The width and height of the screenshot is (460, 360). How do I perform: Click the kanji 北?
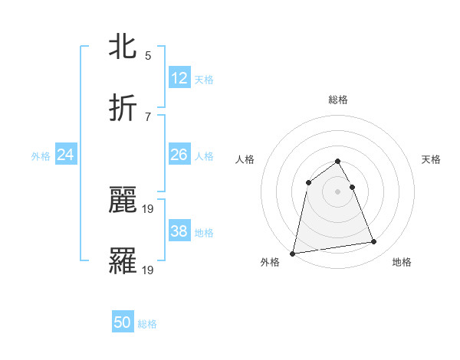coord(123,47)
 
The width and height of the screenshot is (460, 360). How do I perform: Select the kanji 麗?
coord(123,201)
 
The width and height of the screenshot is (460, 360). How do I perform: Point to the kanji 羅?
coord(123,261)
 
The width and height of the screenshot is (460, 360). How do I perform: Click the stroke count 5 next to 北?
coord(147,55)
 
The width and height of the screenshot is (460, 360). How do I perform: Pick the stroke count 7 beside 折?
coord(147,116)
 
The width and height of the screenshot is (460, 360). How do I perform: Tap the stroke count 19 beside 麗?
coord(149,208)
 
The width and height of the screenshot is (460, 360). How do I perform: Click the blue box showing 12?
coord(179,77)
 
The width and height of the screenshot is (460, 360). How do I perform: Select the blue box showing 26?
coord(179,155)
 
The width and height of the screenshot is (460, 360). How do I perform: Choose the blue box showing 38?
coord(179,231)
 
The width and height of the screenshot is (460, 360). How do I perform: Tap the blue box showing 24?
coord(66,155)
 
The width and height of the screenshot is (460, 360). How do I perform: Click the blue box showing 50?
coord(123,322)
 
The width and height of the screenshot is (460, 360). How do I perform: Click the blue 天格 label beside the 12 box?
coord(204,79)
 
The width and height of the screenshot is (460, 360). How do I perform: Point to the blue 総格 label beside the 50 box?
coord(147,324)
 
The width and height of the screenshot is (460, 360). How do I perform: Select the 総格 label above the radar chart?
coord(338,100)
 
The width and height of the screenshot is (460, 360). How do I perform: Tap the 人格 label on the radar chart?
coord(245,159)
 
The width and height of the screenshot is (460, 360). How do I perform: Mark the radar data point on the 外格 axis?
coord(293,253)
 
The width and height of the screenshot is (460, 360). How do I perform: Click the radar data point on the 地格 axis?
coord(374,242)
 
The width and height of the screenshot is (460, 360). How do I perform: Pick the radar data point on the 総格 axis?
coord(338,162)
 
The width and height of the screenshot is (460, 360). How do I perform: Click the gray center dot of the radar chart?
coord(338,191)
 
